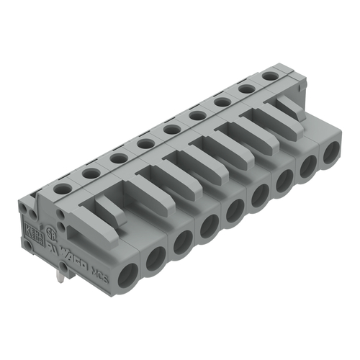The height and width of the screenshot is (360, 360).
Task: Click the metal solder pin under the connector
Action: click(64, 270)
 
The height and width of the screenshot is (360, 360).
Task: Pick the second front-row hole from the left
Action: click(156, 257)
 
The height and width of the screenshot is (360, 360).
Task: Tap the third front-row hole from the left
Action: click(182, 242)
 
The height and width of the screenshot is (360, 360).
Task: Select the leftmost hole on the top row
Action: click(63, 188)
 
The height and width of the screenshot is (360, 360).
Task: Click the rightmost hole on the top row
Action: click(270, 76)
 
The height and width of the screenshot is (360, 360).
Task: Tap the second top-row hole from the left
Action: click(91, 173)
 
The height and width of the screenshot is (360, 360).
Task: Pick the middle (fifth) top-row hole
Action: click(171, 129)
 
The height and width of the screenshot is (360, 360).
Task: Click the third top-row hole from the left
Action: click(118, 158)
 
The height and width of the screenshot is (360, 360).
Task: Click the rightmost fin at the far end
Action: click(292, 107)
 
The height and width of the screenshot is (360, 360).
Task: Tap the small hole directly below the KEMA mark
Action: click(30, 245)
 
